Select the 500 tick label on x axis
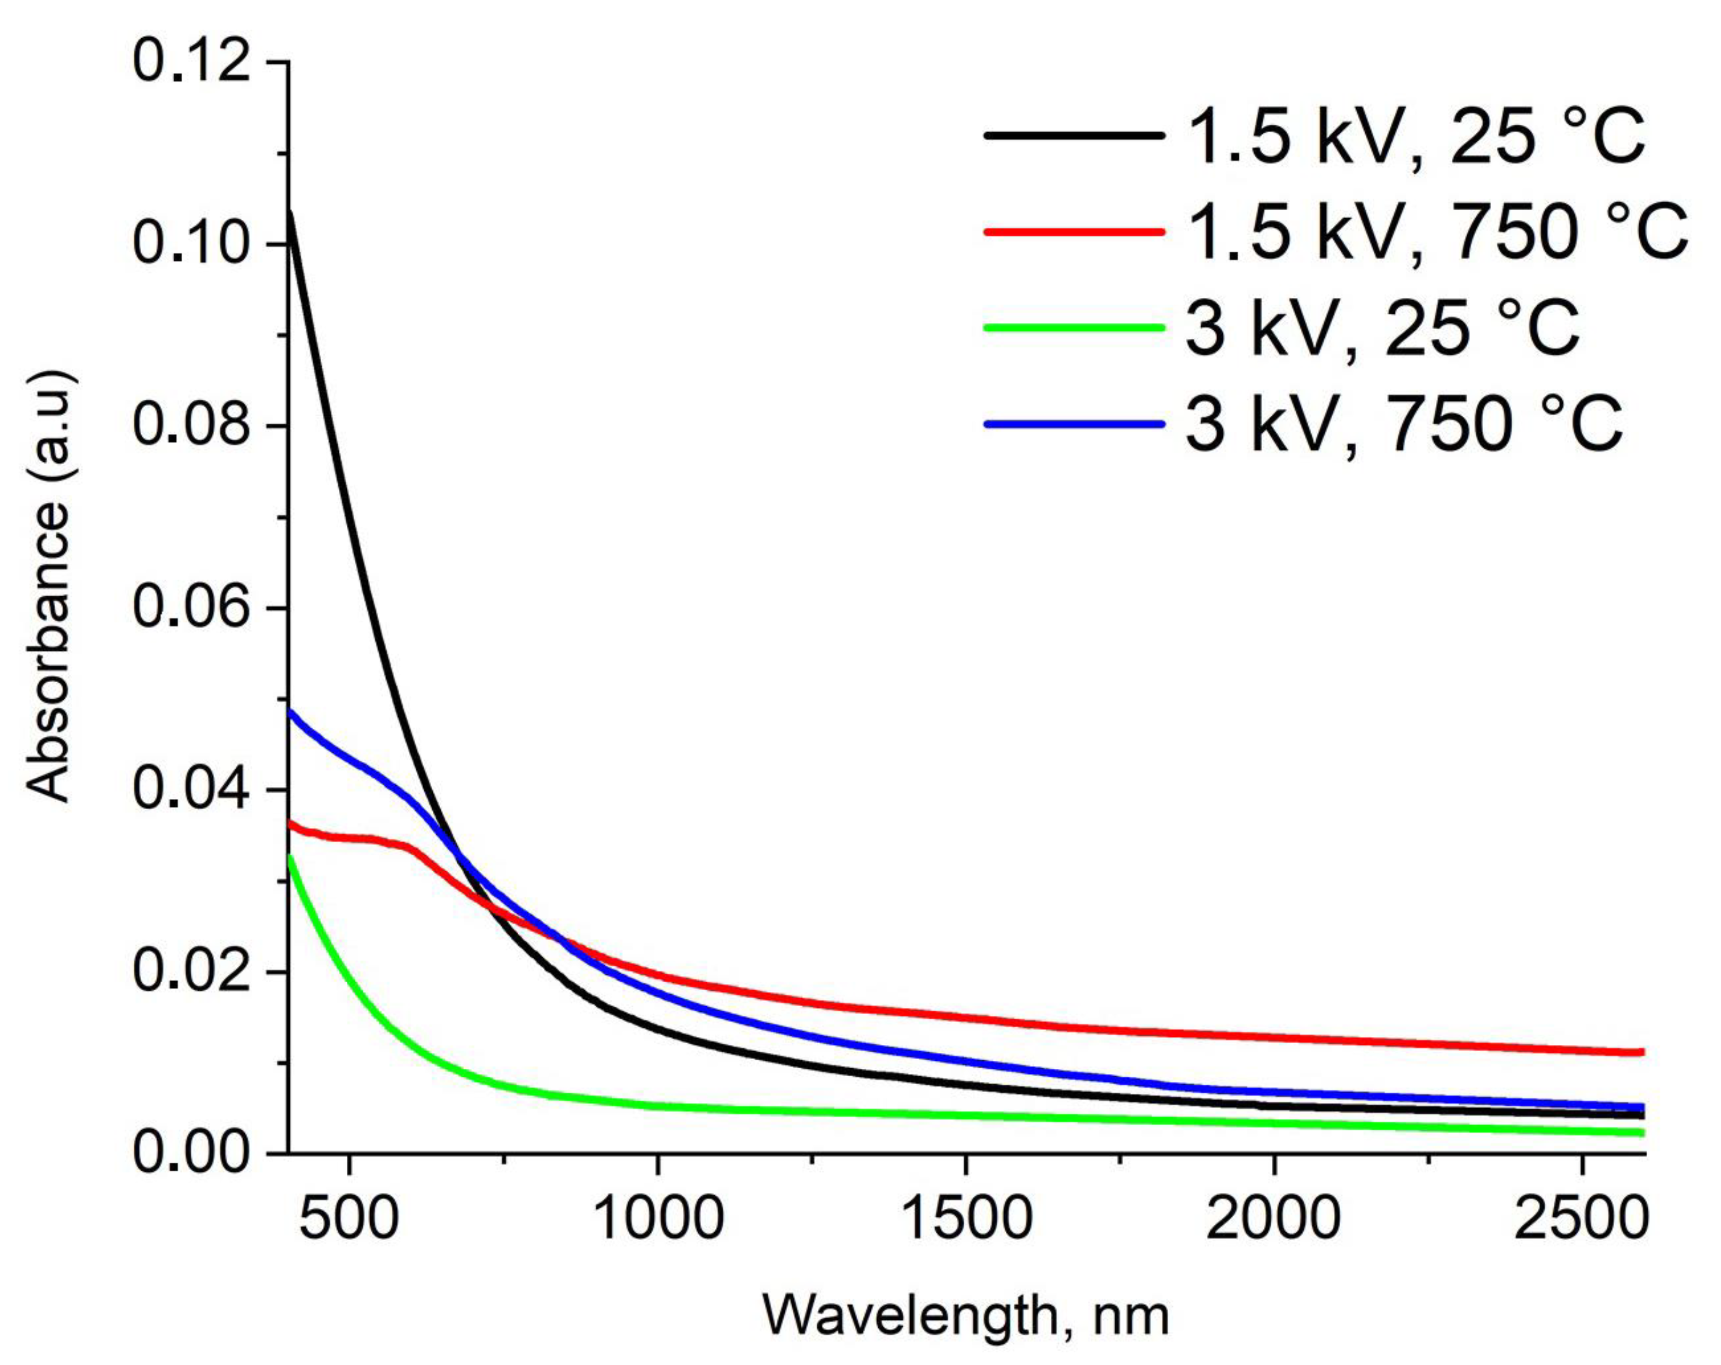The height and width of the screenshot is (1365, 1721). pos(349,1219)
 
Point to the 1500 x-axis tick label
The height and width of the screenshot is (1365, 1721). pos(966,1219)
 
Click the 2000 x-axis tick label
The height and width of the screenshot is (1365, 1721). pos(1274,1219)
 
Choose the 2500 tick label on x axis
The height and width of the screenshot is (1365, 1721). pos(1580,1219)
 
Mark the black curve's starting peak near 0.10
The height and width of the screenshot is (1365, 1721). pos(290,214)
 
